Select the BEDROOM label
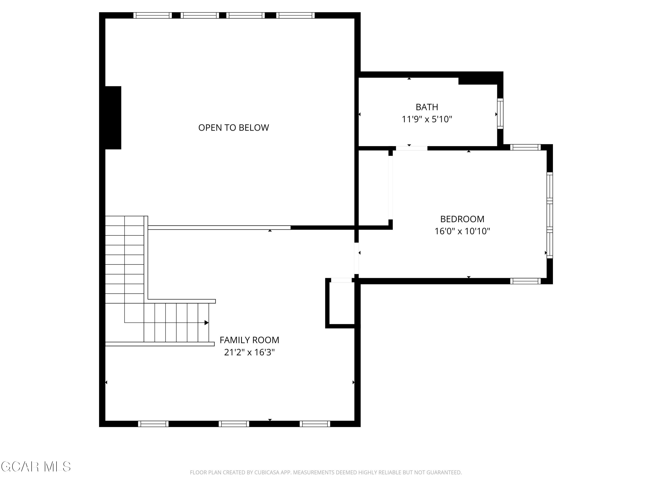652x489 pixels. tap(462, 219)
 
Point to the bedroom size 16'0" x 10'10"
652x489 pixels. tap(462, 231)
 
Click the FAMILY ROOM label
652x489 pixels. tap(249, 340)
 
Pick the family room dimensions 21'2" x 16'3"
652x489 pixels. tap(249, 352)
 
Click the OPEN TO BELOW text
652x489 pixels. tap(233, 128)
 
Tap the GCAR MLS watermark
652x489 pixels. tap(36, 467)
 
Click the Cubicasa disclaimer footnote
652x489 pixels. tap(326, 472)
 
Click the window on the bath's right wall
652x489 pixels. tap(500, 113)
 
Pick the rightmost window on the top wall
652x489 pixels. tap(295, 15)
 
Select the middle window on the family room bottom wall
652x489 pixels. tap(234, 424)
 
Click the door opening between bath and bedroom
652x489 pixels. tap(411, 148)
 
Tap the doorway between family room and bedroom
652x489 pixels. tap(356, 258)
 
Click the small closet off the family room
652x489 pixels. tap(342, 304)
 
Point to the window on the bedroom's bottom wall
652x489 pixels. tap(525, 281)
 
